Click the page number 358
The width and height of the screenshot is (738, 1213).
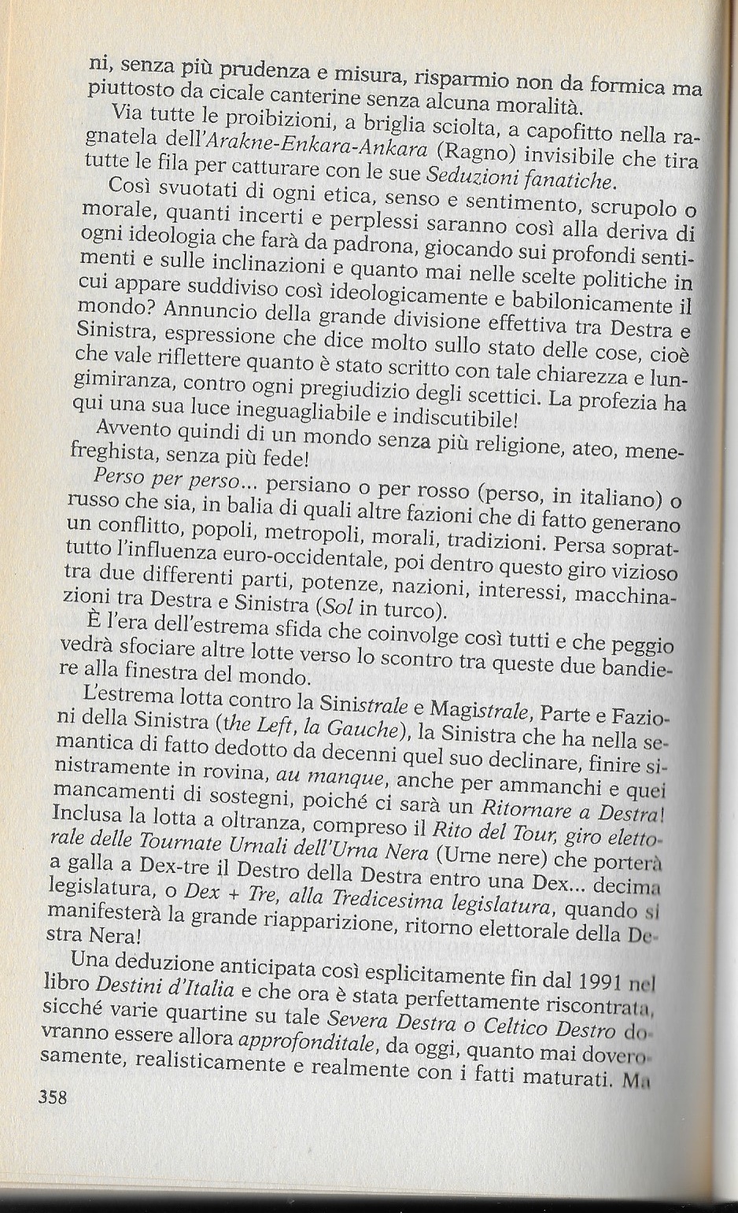[x=52, y=1097]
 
